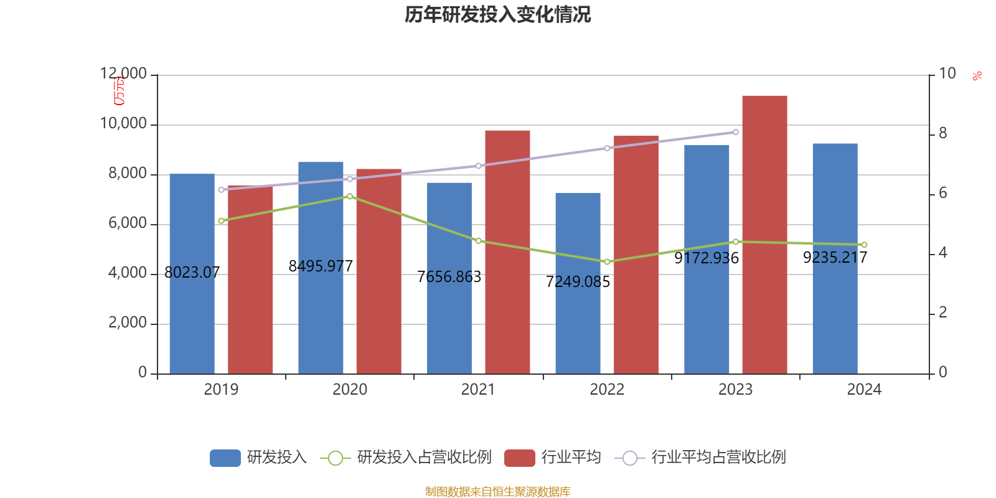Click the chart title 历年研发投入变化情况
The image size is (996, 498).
tap(497, 14)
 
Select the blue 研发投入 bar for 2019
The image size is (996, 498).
tap(192, 274)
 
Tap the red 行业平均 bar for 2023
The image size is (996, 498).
tap(764, 235)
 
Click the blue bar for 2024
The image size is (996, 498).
tap(835, 258)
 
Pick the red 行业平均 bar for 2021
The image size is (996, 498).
tap(507, 252)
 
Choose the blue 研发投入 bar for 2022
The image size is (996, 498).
tap(578, 283)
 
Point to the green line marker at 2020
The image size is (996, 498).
tap(350, 196)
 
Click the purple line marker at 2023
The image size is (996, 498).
tap(736, 132)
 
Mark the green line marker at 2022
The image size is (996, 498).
tap(607, 261)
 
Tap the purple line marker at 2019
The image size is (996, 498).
tap(221, 189)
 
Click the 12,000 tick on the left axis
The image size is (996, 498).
tap(124, 74)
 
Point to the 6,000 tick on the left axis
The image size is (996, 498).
tap(128, 223)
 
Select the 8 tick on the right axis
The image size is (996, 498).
tap(942, 134)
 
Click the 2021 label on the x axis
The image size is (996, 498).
tap(478, 390)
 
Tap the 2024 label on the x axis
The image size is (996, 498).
tap(864, 390)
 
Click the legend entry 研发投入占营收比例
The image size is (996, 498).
tap(423, 458)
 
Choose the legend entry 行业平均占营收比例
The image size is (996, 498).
tap(718, 458)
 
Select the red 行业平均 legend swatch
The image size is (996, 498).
tap(520, 458)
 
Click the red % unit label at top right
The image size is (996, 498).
tap(977, 76)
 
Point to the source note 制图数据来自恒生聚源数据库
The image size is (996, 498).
tap(497, 492)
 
